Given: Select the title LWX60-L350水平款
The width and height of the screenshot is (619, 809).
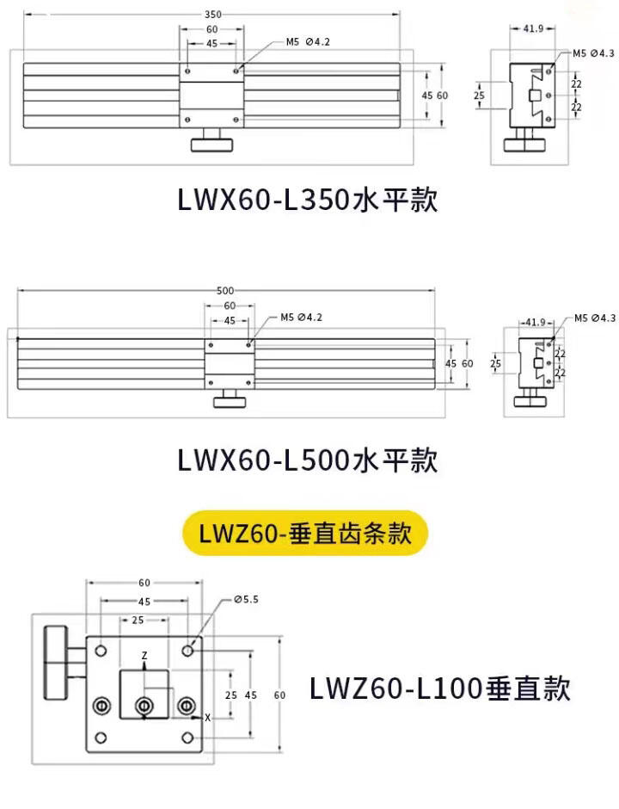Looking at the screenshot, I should [x=308, y=201].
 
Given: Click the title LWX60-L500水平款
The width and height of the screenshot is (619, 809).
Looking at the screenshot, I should [x=308, y=460].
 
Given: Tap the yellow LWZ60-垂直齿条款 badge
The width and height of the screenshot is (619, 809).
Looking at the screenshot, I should [x=305, y=534].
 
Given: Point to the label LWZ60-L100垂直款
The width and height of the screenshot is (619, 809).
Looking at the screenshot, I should [x=439, y=689].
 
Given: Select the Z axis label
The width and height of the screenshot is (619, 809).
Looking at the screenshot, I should [x=144, y=655].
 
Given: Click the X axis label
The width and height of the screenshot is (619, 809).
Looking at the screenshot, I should [x=207, y=717].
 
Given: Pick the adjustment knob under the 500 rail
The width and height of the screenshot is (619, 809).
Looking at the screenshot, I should [x=230, y=401].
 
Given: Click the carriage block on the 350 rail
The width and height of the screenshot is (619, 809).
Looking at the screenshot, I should [x=211, y=95].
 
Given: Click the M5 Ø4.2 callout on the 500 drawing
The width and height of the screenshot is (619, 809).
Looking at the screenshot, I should [x=302, y=318].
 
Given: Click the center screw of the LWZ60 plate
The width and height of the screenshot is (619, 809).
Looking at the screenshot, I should [x=144, y=707].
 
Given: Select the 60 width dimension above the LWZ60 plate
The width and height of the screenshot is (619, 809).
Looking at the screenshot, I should [x=144, y=583].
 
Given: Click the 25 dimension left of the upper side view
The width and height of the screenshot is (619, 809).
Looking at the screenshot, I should [x=478, y=96].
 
